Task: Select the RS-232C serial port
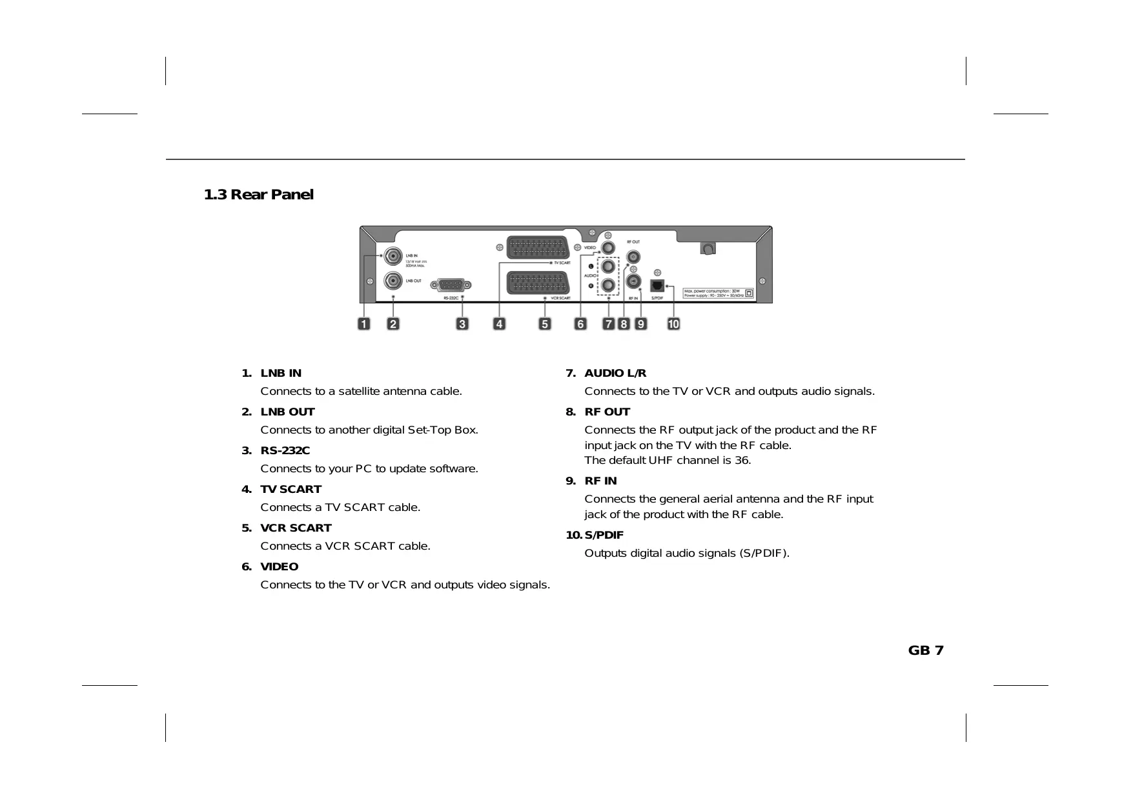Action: point(454,285)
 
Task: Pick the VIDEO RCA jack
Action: point(608,247)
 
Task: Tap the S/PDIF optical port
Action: point(657,285)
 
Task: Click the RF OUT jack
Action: point(633,257)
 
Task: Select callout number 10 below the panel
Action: point(673,324)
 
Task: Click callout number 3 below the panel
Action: point(462,324)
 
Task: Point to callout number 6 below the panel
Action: point(580,324)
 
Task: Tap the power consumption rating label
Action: point(713,293)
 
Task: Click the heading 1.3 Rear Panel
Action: point(258,195)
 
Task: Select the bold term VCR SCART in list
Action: point(296,528)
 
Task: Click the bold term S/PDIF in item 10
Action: point(604,535)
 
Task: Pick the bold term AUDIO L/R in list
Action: point(615,373)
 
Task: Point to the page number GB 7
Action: point(925,650)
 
